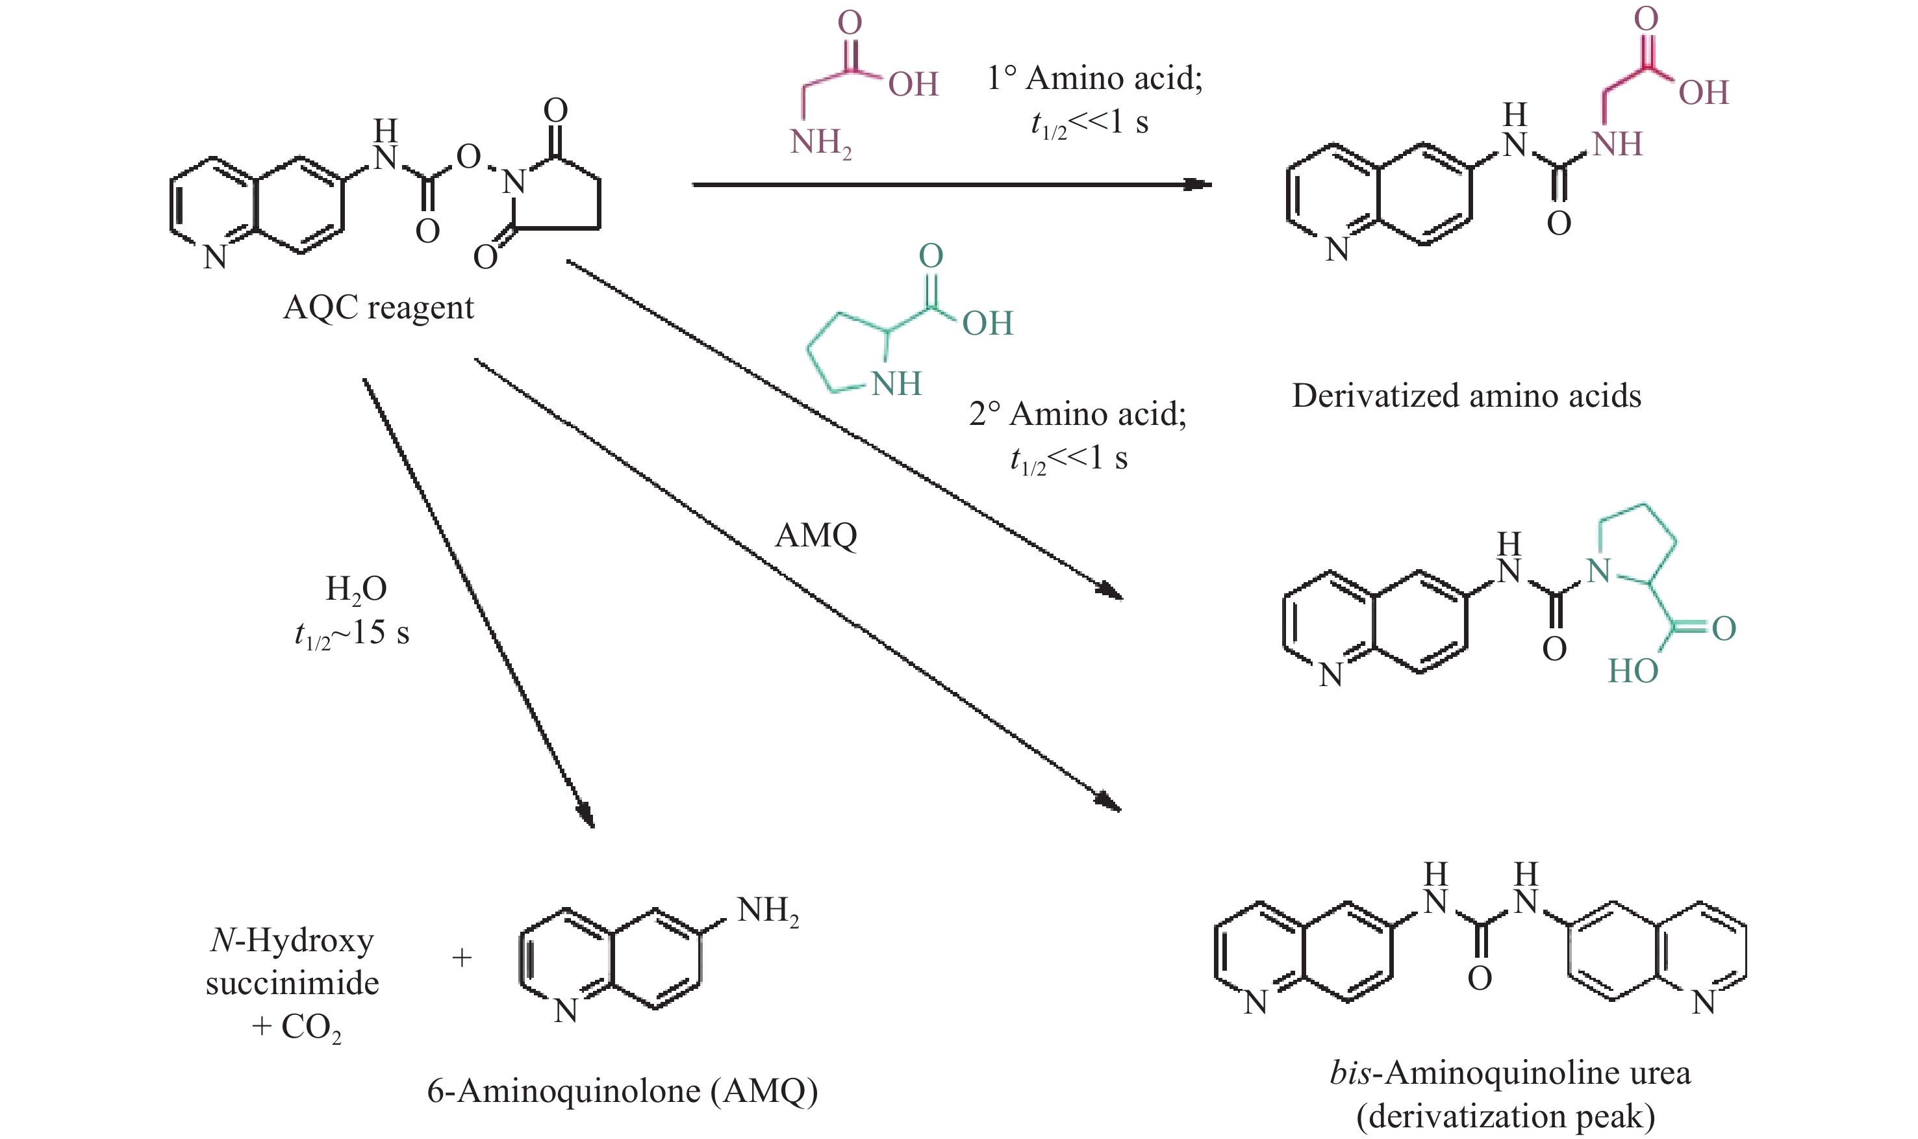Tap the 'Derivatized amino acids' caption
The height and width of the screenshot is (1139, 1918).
tap(1466, 396)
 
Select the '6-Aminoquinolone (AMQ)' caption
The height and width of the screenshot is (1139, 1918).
tap(622, 1091)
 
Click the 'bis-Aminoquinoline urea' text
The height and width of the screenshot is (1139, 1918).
tap(1510, 1072)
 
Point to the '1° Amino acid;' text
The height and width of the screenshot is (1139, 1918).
tap(1094, 77)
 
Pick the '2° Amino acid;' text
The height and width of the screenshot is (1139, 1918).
tap(1077, 414)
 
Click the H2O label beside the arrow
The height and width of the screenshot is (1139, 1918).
tap(356, 589)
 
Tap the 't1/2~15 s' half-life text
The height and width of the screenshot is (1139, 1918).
tap(352, 633)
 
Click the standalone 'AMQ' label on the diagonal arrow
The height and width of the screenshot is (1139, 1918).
tap(816, 535)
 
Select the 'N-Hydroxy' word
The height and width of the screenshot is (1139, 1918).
tap(292, 940)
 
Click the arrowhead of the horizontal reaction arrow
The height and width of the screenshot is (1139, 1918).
tap(1197, 185)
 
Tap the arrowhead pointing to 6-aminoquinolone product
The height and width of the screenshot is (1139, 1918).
tap(585, 814)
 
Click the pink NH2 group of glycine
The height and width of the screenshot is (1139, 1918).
tap(820, 144)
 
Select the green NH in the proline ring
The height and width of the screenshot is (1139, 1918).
tap(896, 384)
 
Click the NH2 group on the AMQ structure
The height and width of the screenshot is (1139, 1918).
tap(767, 911)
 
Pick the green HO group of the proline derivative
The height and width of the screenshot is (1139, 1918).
tap(1633, 672)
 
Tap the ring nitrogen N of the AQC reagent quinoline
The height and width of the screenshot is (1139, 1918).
tap(215, 258)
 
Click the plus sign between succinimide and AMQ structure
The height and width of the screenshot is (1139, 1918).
tap(462, 958)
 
